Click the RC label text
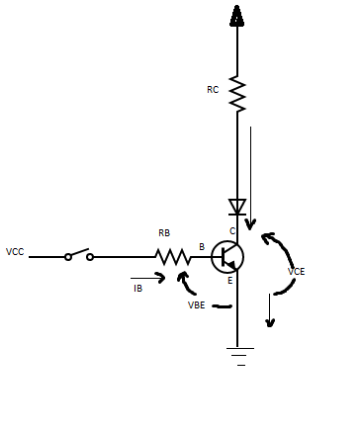point(213,90)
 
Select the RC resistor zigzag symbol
point(237,93)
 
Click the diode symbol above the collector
point(237,207)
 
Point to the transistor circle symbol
point(228,257)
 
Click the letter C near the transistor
point(232,230)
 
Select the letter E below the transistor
point(229,281)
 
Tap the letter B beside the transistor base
point(202,246)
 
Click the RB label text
point(164,233)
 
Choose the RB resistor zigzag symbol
point(172,257)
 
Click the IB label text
point(138,288)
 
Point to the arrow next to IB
point(148,278)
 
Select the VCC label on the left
point(15,252)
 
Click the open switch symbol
point(79,254)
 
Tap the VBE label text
point(198,305)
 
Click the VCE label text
point(296,271)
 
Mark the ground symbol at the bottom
point(237,353)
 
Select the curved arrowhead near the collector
point(268,238)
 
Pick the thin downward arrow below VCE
point(270,312)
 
